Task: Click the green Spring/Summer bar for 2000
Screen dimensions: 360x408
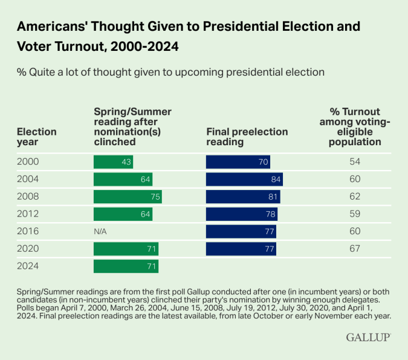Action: tap(113, 162)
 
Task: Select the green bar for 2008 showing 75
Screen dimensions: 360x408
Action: tap(128, 197)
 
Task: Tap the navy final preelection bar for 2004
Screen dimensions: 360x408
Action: tap(244, 179)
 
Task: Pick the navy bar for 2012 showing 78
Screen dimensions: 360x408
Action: tap(241, 214)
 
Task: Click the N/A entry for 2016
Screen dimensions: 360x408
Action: tap(101, 231)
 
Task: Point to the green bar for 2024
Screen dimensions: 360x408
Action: tap(126, 266)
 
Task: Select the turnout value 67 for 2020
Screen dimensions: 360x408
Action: tap(355, 249)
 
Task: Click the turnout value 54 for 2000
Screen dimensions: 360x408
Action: tap(355, 162)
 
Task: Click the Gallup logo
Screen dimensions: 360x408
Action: tap(368, 338)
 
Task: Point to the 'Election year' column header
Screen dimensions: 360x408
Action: tap(36, 137)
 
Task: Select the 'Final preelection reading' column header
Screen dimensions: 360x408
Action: tap(247, 137)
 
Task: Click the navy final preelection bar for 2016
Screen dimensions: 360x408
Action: tap(241, 231)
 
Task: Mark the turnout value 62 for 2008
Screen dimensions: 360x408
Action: tap(355, 197)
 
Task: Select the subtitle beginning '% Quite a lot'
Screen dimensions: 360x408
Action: tap(171, 72)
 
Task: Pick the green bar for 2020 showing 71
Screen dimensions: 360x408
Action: tap(126, 249)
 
